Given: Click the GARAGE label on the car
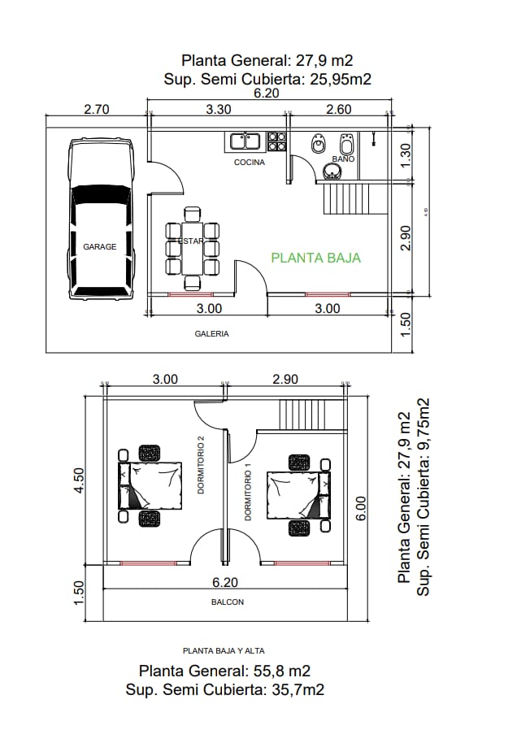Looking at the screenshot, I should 100,246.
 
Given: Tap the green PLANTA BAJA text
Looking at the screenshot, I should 315,258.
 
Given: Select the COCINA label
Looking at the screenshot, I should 250,163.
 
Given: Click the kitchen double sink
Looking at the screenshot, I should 245,141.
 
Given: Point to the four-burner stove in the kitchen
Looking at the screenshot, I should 277,142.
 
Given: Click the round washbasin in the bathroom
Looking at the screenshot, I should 333,172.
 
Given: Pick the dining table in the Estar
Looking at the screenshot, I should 193,249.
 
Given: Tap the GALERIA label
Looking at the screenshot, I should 211,333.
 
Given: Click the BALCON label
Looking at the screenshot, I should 228,602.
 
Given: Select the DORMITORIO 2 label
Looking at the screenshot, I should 200,464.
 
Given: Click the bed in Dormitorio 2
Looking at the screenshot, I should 151,485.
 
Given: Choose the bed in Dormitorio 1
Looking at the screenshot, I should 299,495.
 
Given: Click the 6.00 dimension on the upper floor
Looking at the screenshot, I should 362,510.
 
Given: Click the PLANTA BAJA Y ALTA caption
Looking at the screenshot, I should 224,650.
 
